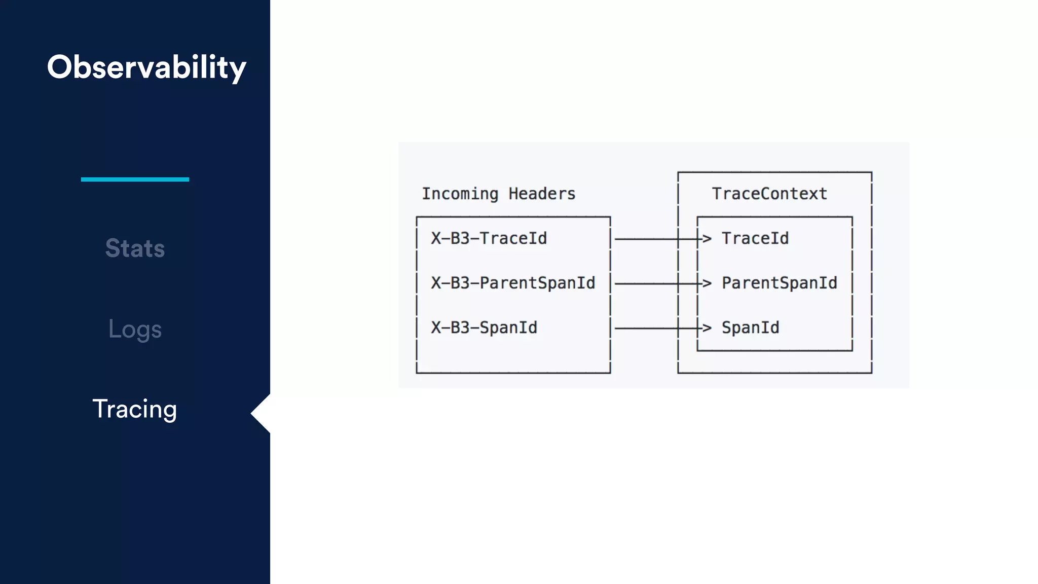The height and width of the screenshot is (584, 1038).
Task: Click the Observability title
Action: pos(146,67)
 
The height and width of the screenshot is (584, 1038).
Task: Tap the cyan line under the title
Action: pos(135,179)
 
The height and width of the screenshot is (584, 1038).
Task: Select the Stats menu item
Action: pos(135,248)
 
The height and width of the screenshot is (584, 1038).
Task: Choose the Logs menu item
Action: pos(135,330)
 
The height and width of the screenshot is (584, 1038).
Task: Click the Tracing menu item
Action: pos(135,409)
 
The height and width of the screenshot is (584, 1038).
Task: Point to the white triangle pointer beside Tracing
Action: pos(262,414)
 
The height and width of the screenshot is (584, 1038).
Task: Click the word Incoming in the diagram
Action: pos(460,194)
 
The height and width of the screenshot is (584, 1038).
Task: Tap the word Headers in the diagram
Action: pos(542,194)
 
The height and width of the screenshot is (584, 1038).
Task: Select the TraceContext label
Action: pos(769,194)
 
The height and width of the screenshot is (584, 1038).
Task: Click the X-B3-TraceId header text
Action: pos(489,238)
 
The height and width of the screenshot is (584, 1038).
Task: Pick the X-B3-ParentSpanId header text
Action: pos(513,283)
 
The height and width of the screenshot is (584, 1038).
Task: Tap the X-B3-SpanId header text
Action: pos(484,327)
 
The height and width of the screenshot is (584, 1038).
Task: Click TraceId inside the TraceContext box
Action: pos(755,238)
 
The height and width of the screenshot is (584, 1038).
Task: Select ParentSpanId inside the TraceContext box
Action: pos(779,283)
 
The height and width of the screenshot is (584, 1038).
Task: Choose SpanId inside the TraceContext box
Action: pos(750,327)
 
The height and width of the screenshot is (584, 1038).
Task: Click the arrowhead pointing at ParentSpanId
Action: pos(707,283)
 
